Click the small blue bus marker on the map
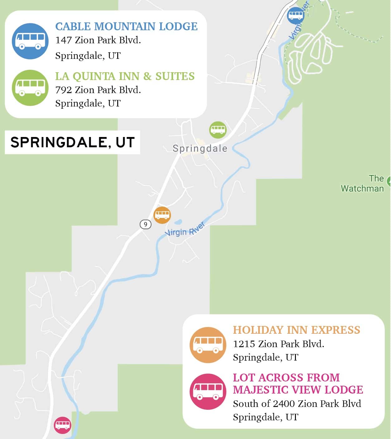pos(295,15)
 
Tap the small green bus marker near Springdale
pos(218,130)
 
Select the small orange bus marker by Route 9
pos(162,215)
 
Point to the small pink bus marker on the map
pos(63,425)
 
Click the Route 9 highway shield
pos(145,224)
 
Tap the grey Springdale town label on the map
pos(200,149)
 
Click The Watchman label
pos(362,183)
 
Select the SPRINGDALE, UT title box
pos(72,142)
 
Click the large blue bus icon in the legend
pos(30,41)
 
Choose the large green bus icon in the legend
pos(30,88)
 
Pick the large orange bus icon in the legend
pos(208,345)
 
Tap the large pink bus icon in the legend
pos(208,391)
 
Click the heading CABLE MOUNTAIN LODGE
pos(126,26)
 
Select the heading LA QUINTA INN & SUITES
pos(125,76)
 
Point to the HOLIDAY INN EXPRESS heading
pos(296,330)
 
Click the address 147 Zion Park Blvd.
pos(98,40)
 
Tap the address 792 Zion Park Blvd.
pos(98,90)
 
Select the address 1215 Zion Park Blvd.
pos(278,344)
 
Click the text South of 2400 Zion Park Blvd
pos(297,404)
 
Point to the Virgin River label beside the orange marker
pos(185,229)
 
